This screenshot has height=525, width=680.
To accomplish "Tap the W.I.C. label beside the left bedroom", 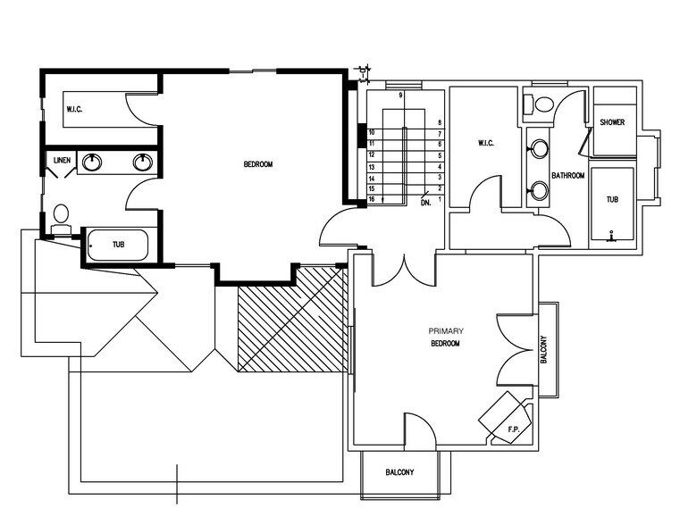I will tap(74, 109).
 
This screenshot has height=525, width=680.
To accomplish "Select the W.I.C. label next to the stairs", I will tap(486, 143).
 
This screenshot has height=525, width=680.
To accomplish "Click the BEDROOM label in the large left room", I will tap(257, 164).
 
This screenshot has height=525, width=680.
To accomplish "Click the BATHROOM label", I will tap(567, 176).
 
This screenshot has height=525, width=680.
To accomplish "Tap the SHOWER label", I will tap(612, 122).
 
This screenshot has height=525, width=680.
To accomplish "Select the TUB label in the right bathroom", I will tap(612, 200).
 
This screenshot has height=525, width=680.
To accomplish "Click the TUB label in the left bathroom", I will tap(118, 244).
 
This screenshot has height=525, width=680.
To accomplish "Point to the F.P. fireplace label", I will tap(514, 430).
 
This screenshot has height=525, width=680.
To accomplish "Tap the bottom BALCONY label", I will tap(399, 472).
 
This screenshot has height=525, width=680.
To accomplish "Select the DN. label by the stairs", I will tap(426, 203).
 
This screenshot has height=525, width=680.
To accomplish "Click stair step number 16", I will tap(371, 199).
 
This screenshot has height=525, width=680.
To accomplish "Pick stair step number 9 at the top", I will tap(401, 95).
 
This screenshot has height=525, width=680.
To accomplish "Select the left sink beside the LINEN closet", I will tap(91, 162).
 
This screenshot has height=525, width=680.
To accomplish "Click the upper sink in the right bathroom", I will tap(538, 149).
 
